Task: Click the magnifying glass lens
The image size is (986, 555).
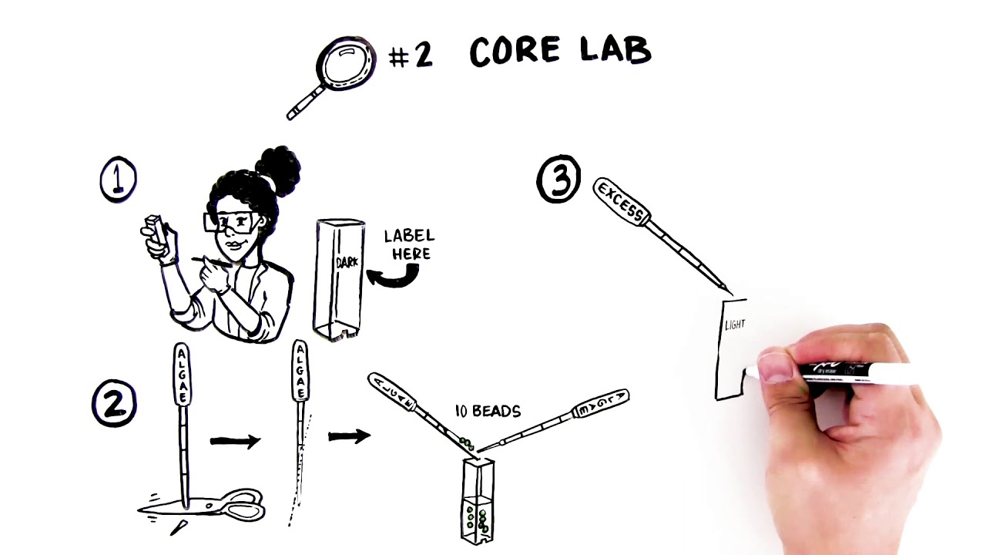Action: click(347, 63)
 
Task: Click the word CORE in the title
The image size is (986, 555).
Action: click(515, 52)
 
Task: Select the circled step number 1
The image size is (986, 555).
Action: click(118, 180)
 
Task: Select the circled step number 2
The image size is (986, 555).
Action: click(114, 405)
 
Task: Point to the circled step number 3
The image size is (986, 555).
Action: click(558, 180)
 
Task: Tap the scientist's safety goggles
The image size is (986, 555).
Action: click(232, 223)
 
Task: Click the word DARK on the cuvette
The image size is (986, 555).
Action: click(347, 262)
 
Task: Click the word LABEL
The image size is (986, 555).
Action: click(409, 236)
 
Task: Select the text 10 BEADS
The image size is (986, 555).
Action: click(488, 412)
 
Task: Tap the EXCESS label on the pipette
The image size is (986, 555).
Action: click(620, 202)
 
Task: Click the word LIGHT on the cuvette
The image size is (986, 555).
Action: click(735, 325)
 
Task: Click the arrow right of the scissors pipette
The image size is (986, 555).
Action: click(235, 441)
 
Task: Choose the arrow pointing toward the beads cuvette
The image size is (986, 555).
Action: click(349, 436)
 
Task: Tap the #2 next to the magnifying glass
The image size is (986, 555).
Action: click(411, 55)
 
